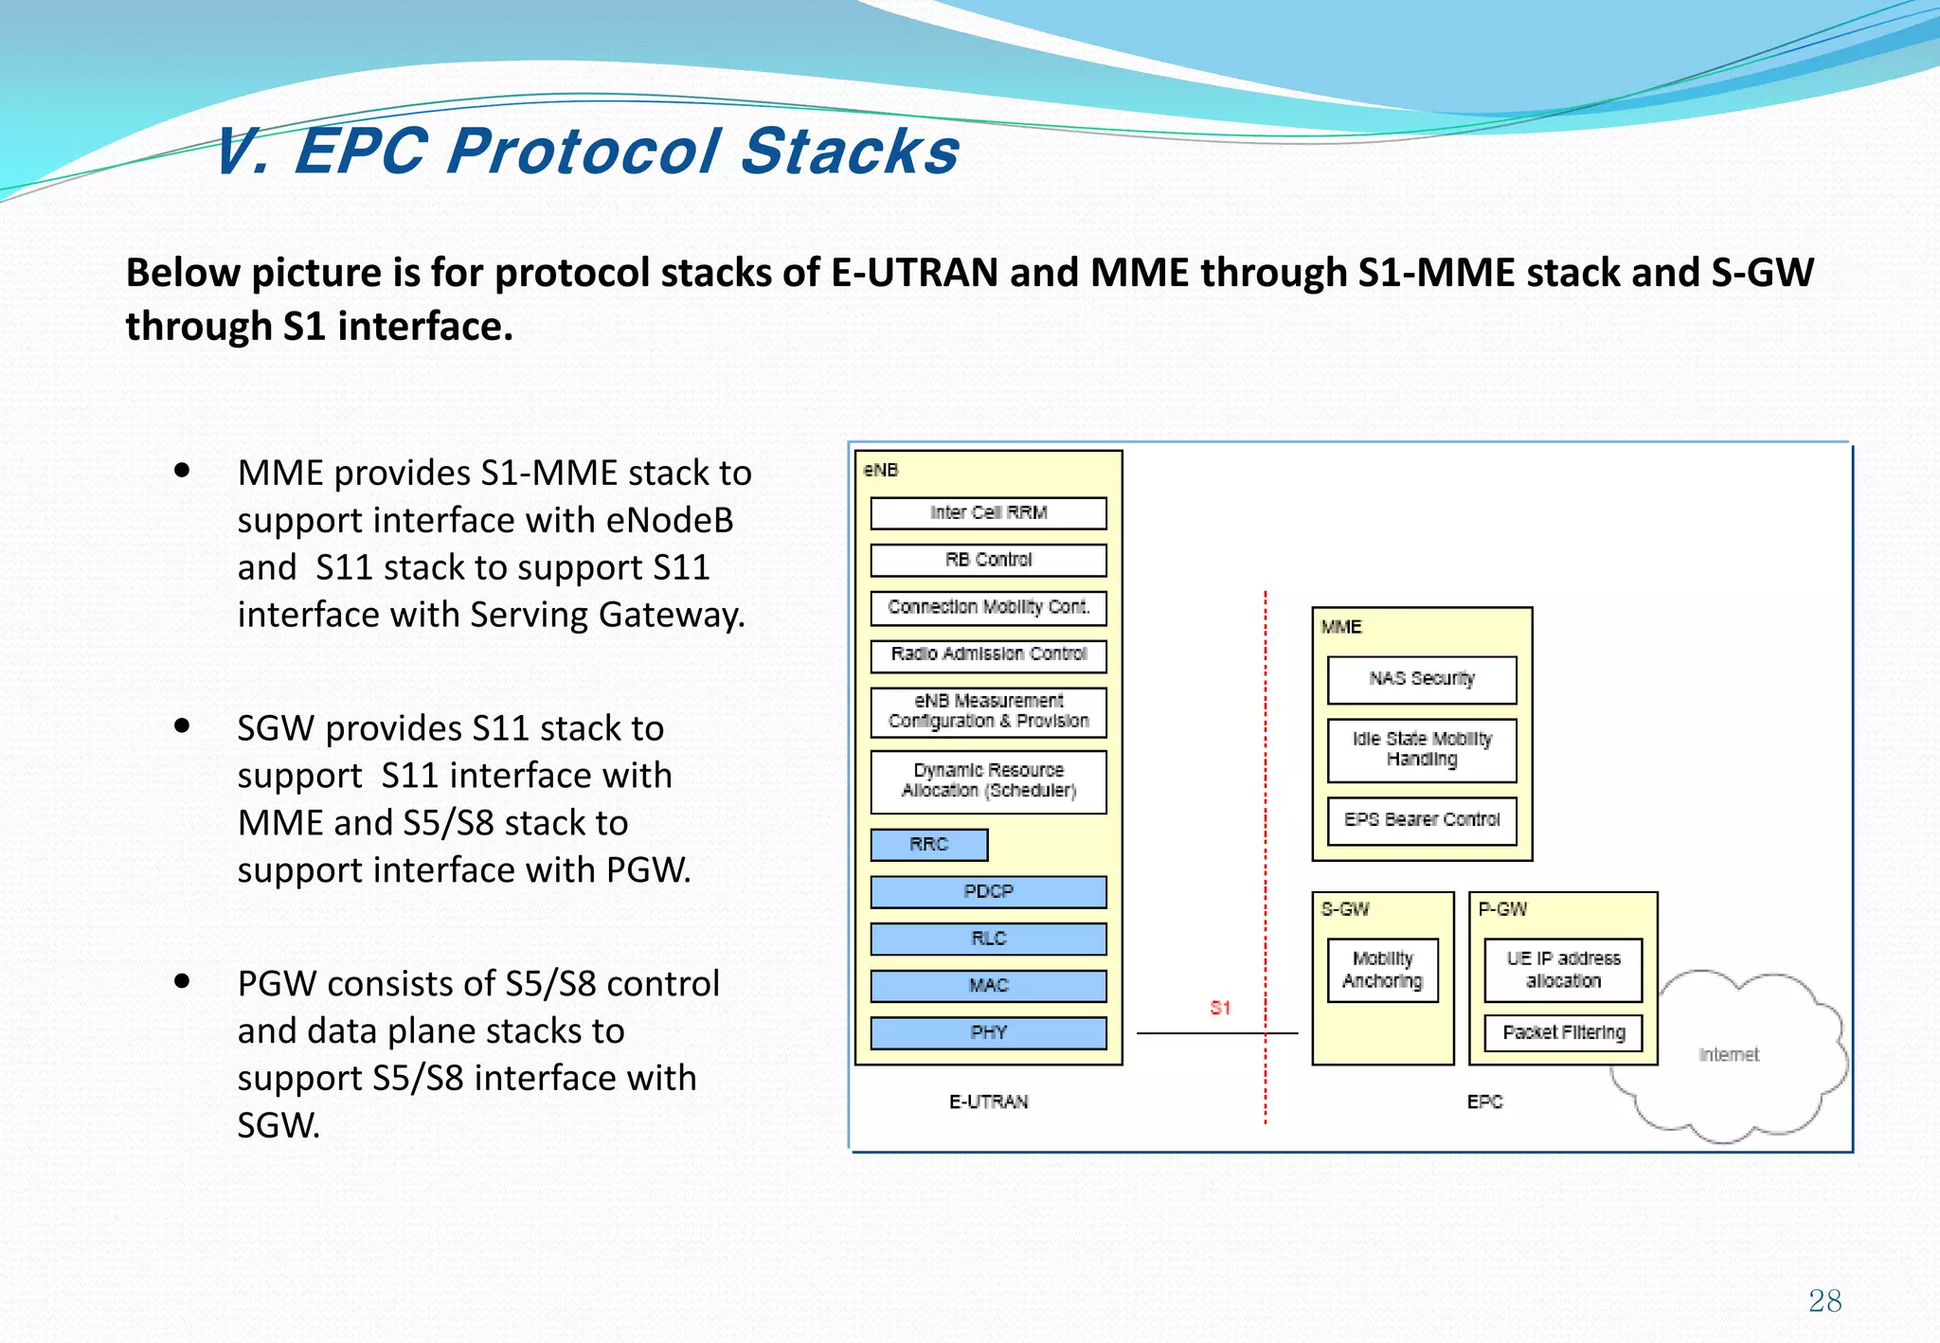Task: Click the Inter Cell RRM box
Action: click(988, 513)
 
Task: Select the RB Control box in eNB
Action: click(988, 560)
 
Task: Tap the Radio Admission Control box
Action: click(988, 654)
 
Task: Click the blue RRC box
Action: click(928, 845)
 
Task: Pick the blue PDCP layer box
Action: click(988, 891)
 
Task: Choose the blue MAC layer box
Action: click(988, 986)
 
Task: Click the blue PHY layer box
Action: click(988, 1032)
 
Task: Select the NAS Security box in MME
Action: click(1421, 679)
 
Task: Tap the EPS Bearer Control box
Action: click(1421, 820)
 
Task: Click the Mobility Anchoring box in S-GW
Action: click(1382, 970)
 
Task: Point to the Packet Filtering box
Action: click(1563, 1032)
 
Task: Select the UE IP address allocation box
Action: click(1563, 970)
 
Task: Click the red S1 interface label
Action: click(1220, 1008)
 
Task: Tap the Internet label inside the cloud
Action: click(1729, 1055)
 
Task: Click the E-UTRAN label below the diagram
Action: click(988, 1101)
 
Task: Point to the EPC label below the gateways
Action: click(1484, 1101)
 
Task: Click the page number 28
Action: click(1824, 1300)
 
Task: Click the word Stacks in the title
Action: click(850, 152)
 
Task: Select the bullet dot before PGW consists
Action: click(183, 981)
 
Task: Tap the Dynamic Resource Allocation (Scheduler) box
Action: click(988, 781)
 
